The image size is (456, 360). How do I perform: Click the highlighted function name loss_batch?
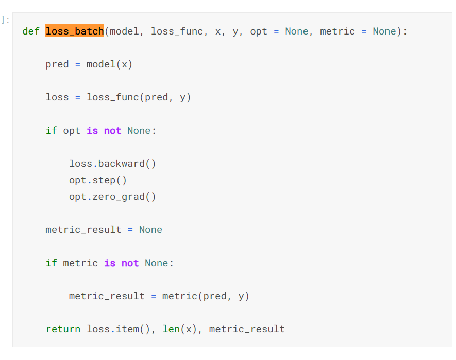pos(75,31)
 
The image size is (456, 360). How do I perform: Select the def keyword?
pos(31,31)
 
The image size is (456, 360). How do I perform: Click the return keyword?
pos(63,329)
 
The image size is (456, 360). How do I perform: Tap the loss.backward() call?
pos(112,164)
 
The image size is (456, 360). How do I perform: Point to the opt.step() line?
pos(98,180)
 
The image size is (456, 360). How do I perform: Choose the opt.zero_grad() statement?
pos(112,197)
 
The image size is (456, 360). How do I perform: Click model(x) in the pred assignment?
pos(109,64)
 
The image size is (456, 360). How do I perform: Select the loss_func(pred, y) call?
pos(139,97)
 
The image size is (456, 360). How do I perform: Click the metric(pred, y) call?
pos(206,296)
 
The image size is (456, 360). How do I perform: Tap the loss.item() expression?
pos(121,329)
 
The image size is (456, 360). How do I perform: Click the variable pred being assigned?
pos(57,64)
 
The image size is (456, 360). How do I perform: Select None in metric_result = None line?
pos(150,230)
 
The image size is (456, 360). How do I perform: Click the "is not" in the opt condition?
pos(104,131)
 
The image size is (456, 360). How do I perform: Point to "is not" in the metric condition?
pos(121,263)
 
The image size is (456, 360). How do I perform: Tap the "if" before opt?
pos(51,131)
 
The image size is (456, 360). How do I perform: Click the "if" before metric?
pos(51,263)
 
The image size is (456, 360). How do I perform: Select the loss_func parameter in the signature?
pos(177,31)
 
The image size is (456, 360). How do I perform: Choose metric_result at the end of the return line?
pos(247,329)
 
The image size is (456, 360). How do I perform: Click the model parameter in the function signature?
pos(124,31)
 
